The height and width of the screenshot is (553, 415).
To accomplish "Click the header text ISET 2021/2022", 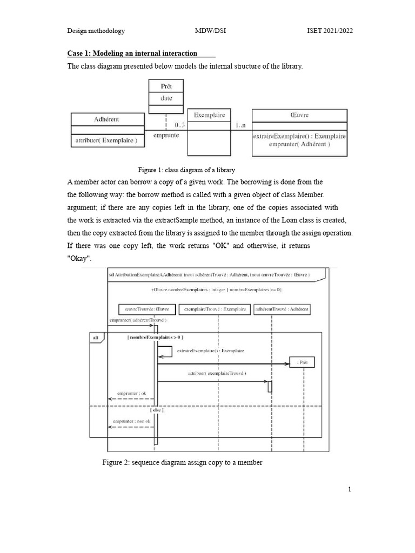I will click(x=329, y=31).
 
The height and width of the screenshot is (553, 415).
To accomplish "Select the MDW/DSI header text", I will click(x=210, y=31).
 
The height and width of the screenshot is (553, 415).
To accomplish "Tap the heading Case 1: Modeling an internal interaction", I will click(x=132, y=53).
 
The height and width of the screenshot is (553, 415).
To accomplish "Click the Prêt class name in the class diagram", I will click(x=166, y=86).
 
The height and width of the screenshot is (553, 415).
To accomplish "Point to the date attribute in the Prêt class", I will click(x=166, y=98).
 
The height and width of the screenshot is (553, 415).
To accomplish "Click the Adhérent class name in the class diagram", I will click(x=106, y=119).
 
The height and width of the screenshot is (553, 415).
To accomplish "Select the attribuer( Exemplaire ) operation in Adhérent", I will click(x=106, y=141).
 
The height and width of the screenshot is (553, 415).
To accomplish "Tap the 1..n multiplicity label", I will click(x=241, y=125).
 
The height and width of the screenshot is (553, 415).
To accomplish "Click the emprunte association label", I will click(x=166, y=136).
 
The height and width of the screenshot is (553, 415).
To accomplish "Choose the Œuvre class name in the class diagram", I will click(x=299, y=115).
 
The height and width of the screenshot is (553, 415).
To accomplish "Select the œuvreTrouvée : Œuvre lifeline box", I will click(x=147, y=309).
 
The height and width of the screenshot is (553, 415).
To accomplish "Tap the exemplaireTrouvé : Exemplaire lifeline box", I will click(x=215, y=309).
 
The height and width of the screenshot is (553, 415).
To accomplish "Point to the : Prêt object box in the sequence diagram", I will click(x=302, y=362).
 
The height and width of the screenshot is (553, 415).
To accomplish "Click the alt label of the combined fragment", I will click(x=96, y=337).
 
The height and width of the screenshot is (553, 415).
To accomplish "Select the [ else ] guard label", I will click(x=157, y=410).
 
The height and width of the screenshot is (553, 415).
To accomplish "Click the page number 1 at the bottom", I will click(x=350, y=489).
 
